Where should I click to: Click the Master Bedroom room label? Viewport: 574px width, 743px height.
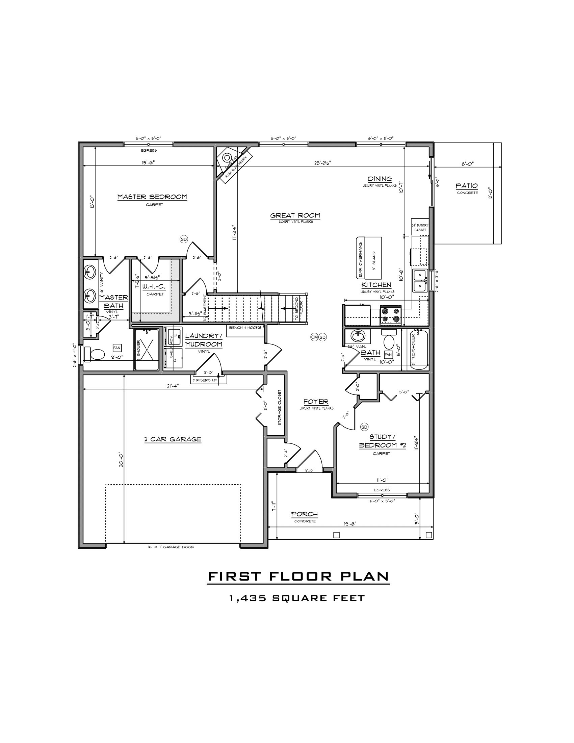(x=152, y=197)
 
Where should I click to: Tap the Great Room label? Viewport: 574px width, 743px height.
(x=295, y=215)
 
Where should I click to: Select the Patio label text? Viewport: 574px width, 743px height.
(x=467, y=186)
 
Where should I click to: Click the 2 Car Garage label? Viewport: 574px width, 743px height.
(x=173, y=439)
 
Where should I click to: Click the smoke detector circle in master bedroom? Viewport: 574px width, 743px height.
(x=184, y=239)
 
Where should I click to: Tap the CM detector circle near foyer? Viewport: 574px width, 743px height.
(x=314, y=337)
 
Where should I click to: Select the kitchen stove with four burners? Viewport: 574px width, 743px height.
(x=391, y=315)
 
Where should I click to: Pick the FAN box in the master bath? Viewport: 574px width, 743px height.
(x=117, y=348)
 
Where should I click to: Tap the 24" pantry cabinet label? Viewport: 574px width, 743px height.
(x=420, y=227)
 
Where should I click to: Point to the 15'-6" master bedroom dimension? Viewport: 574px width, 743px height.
(x=148, y=163)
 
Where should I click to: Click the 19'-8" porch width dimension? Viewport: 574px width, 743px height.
(x=350, y=524)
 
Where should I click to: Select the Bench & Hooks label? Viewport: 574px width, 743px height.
(x=245, y=328)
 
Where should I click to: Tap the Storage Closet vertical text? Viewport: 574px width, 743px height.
(x=280, y=407)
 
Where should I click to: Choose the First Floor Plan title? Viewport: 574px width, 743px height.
(x=298, y=576)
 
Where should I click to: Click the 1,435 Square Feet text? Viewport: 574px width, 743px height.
(x=297, y=598)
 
